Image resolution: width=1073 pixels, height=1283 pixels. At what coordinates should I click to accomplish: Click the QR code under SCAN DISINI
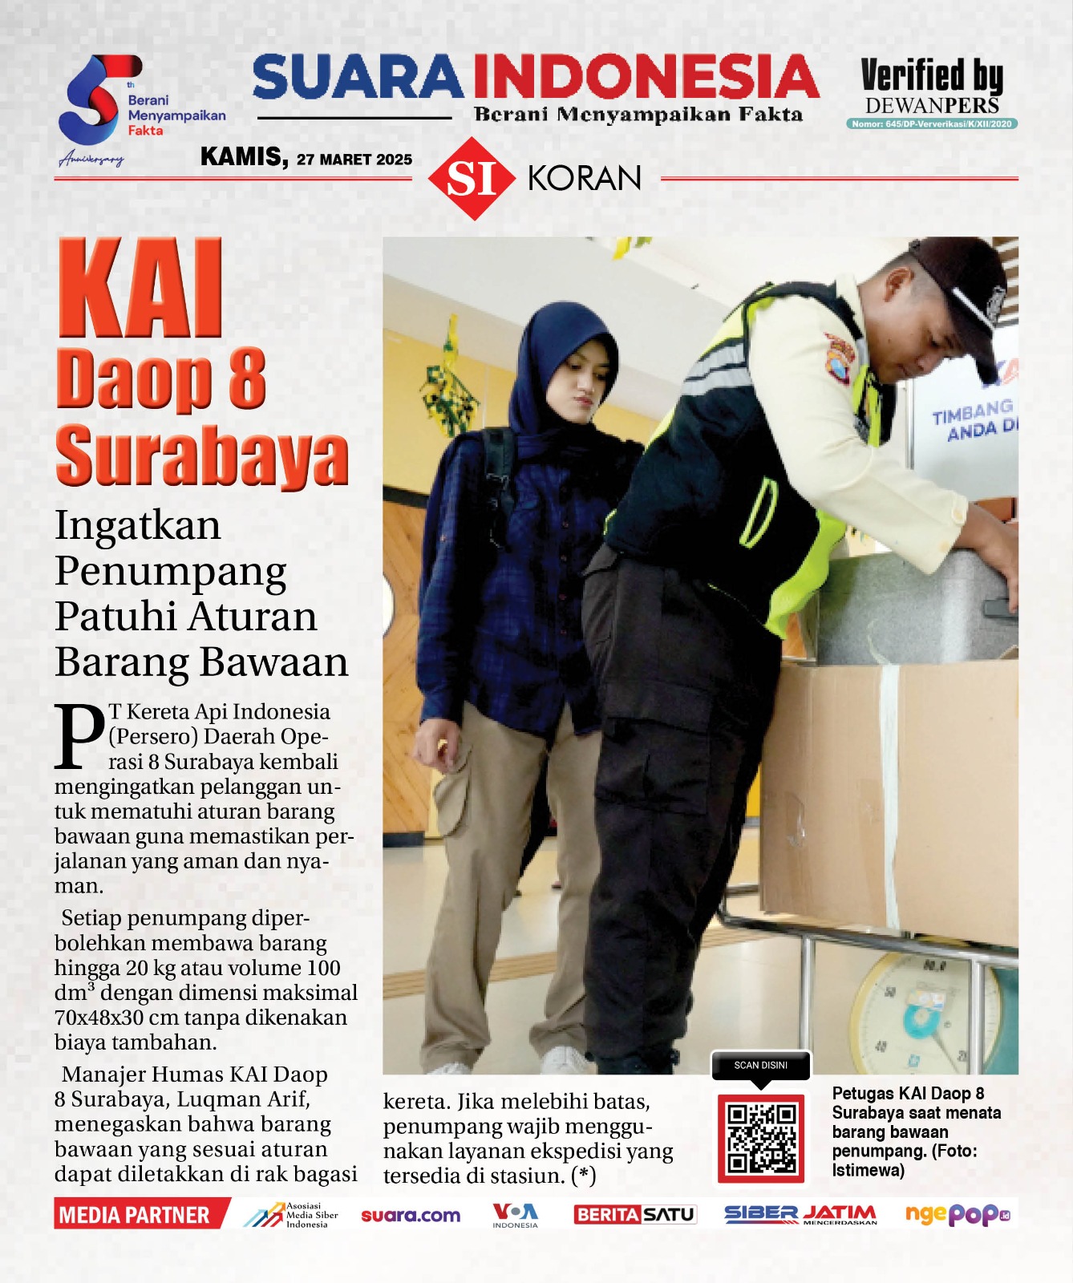click(x=761, y=1138)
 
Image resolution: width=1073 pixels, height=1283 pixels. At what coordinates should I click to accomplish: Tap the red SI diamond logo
click(x=472, y=178)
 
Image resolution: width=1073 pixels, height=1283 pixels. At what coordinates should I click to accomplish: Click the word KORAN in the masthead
click(x=585, y=178)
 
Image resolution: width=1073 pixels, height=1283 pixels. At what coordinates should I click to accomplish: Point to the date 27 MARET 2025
click(x=354, y=160)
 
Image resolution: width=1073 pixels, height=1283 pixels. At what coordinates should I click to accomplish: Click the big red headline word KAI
click(x=140, y=289)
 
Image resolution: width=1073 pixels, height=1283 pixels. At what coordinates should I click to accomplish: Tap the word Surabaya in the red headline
click(x=201, y=456)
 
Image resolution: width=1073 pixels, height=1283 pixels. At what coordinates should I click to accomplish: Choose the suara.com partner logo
click(x=411, y=1216)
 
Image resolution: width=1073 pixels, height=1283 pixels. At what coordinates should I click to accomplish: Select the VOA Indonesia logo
click(x=515, y=1215)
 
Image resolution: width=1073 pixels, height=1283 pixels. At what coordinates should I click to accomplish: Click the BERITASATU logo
click(x=634, y=1215)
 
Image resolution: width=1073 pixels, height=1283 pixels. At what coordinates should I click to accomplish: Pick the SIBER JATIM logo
click(x=800, y=1215)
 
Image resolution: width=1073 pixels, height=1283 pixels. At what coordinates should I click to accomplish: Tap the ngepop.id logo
click(x=957, y=1215)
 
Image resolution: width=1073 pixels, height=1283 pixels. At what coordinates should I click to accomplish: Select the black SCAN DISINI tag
click(x=760, y=1066)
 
